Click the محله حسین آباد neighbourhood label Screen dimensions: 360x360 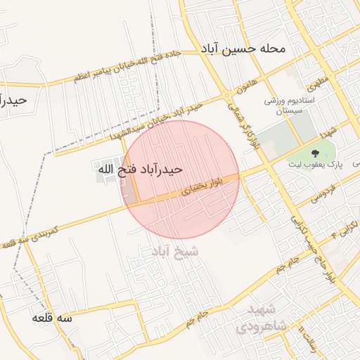tap(243, 49)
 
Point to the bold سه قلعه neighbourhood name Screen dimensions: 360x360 tap(51, 318)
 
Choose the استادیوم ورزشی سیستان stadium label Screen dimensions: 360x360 tap(282, 106)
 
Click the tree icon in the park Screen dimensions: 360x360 tap(314, 151)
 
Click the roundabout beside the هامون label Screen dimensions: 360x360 tap(227, 96)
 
